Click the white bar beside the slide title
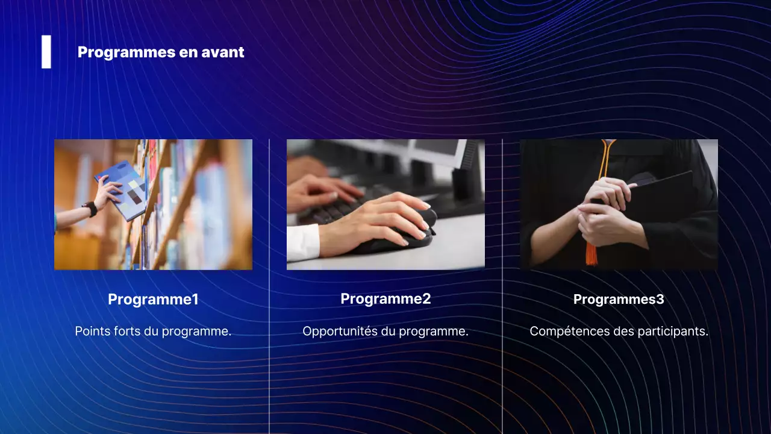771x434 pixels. (x=46, y=52)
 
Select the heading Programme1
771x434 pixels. (x=153, y=299)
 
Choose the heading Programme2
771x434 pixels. (x=385, y=298)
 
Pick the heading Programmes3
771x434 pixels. (x=619, y=299)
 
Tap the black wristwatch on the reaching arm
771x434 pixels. (x=90, y=209)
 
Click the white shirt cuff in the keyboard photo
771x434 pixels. (x=302, y=242)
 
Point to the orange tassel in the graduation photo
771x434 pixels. (x=592, y=253)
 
